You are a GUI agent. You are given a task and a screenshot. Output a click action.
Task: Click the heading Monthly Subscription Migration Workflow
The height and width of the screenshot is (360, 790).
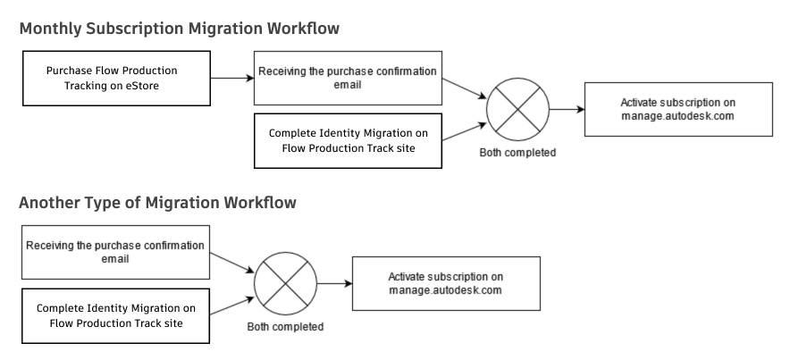coord(179,29)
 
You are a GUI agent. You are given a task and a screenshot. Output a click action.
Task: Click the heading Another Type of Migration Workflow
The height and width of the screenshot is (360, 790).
coord(157,203)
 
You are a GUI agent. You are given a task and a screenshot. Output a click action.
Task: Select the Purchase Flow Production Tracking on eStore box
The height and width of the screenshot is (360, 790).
coord(112,78)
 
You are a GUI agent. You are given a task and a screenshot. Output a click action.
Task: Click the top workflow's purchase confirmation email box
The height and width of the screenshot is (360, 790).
coord(348,78)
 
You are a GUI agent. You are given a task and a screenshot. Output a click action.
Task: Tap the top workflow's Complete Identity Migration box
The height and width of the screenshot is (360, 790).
coord(348,141)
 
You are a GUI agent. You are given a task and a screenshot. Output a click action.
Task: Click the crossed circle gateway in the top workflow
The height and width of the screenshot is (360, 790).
coord(517,109)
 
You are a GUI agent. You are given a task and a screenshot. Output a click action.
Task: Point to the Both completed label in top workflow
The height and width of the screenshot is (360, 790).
coord(517,153)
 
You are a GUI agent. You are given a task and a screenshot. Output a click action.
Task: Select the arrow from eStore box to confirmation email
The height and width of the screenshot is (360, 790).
coord(229,78)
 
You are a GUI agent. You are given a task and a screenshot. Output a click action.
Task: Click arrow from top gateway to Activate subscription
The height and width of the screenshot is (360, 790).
coord(566,109)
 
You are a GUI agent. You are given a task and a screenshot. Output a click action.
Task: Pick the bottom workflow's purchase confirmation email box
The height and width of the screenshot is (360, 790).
coord(115,252)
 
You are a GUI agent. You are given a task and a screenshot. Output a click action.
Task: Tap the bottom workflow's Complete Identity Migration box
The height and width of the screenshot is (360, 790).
coord(115,315)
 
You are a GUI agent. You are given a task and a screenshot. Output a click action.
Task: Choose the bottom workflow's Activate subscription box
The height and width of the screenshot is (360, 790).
coord(445,283)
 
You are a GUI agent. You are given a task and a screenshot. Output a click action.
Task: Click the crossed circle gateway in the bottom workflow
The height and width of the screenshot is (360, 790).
coord(285,283)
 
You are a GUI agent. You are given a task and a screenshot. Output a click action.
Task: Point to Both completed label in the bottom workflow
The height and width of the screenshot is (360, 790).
coord(285,327)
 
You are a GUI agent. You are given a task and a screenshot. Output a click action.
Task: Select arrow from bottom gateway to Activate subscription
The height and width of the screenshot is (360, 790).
coord(333,283)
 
